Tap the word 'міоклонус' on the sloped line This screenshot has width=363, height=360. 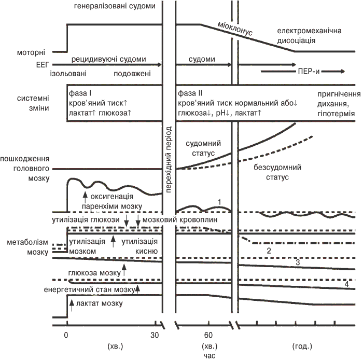pyautogui.click(x=235, y=30)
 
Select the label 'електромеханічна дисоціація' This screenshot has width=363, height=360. pyautogui.click(x=310, y=36)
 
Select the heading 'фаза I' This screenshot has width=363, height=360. pyautogui.click(x=80, y=93)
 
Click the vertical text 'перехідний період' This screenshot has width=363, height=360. pyautogui.click(x=168, y=159)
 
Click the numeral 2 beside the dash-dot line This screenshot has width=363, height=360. pyautogui.click(x=269, y=251)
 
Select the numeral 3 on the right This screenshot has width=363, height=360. pyautogui.click(x=298, y=263)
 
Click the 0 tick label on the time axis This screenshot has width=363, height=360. pyautogui.click(x=66, y=335)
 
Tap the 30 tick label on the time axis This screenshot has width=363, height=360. pyautogui.click(x=153, y=335)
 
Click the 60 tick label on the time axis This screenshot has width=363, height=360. pyautogui.click(x=209, y=335)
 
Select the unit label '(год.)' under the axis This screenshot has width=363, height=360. pyautogui.click(x=297, y=345)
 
